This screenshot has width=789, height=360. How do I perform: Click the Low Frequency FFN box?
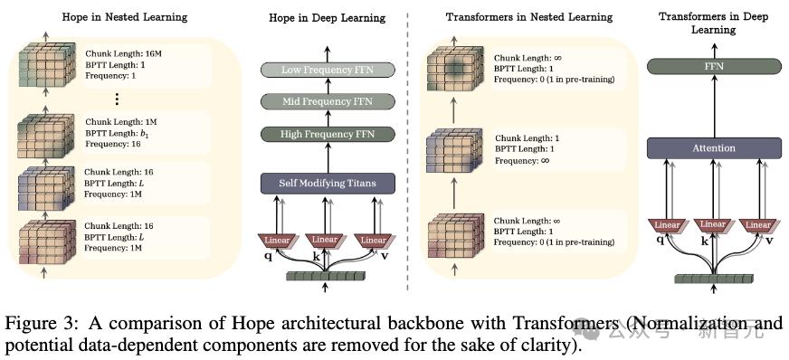coord(328,70)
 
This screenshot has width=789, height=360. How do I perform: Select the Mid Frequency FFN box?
coord(328,101)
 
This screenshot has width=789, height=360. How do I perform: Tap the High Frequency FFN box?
coord(328,134)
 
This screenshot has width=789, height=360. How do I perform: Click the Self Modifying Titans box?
coord(328,183)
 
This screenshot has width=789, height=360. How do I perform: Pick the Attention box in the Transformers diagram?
coord(714,147)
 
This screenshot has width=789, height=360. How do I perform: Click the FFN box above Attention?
coord(714,66)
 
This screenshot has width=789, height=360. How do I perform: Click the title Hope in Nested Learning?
coord(125,17)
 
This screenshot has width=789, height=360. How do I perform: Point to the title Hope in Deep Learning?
coord(327,18)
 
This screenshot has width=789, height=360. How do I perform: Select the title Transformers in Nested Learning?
coord(529,17)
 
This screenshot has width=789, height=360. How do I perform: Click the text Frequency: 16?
coord(113,144)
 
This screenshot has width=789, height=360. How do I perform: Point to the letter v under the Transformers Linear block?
coord(769,241)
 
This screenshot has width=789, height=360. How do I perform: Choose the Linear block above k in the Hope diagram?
coord(325,241)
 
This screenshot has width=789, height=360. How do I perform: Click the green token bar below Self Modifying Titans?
coord(325,276)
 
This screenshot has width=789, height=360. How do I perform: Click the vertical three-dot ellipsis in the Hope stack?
coord(116,99)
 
